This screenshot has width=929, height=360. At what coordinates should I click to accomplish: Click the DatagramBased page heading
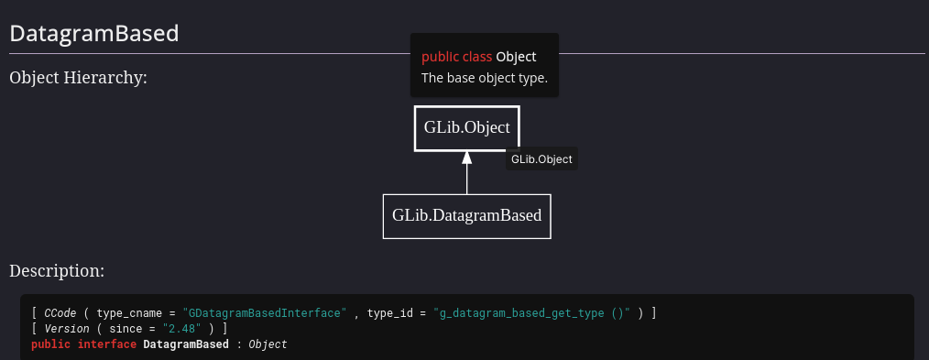93,34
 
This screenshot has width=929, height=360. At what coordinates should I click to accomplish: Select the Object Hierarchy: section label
79,77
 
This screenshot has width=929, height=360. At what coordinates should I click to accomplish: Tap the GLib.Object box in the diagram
466,128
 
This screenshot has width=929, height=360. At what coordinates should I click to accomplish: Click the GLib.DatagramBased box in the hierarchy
466,216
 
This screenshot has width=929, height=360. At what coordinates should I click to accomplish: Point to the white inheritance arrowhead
466,158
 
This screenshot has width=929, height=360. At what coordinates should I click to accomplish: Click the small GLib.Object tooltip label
541,159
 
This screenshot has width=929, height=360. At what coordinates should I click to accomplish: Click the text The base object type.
484,78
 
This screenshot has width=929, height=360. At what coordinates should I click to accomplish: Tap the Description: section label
57,271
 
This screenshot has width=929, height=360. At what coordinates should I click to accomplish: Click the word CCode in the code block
61,313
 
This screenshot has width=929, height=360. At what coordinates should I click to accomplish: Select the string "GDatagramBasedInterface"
264,313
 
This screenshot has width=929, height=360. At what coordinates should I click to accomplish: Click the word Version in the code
67,329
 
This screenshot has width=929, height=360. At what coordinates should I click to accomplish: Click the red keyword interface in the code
107,344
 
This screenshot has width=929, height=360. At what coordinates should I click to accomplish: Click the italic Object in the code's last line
268,344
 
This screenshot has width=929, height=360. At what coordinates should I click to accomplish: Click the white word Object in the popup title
516,57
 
